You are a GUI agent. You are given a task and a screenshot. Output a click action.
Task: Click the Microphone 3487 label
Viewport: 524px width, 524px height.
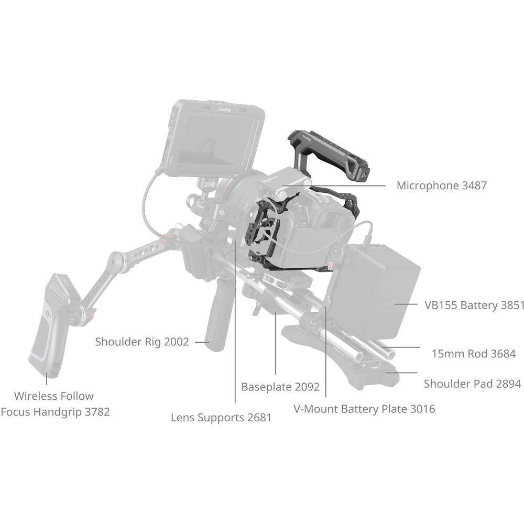click(441, 185)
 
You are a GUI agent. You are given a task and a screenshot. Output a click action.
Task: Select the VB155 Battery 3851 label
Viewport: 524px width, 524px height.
click(474, 305)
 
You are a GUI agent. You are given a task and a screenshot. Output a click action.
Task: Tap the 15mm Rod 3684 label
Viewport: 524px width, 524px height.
click(473, 354)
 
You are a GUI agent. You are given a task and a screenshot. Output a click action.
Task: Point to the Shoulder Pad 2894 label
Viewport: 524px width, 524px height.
click(472, 384)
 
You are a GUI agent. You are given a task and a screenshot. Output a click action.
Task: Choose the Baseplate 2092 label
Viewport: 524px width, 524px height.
click(280, 387)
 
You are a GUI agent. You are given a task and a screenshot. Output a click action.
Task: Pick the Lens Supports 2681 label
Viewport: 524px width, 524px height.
click(221, 418)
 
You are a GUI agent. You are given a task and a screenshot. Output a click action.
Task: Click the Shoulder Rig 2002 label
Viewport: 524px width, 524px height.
click(141, 342)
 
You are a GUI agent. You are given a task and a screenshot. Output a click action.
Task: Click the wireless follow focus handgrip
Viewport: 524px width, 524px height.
click(50, 325)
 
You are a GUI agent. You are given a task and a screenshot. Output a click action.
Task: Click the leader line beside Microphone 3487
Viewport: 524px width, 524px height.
click(341, 185)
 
